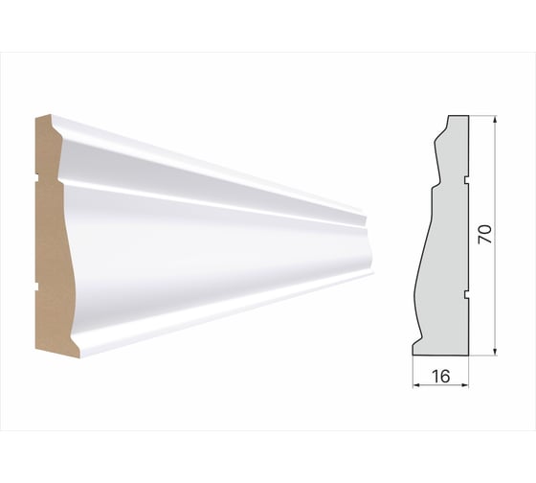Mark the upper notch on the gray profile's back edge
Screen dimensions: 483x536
click(467, 179)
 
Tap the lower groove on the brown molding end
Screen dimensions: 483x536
click(37, 284)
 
